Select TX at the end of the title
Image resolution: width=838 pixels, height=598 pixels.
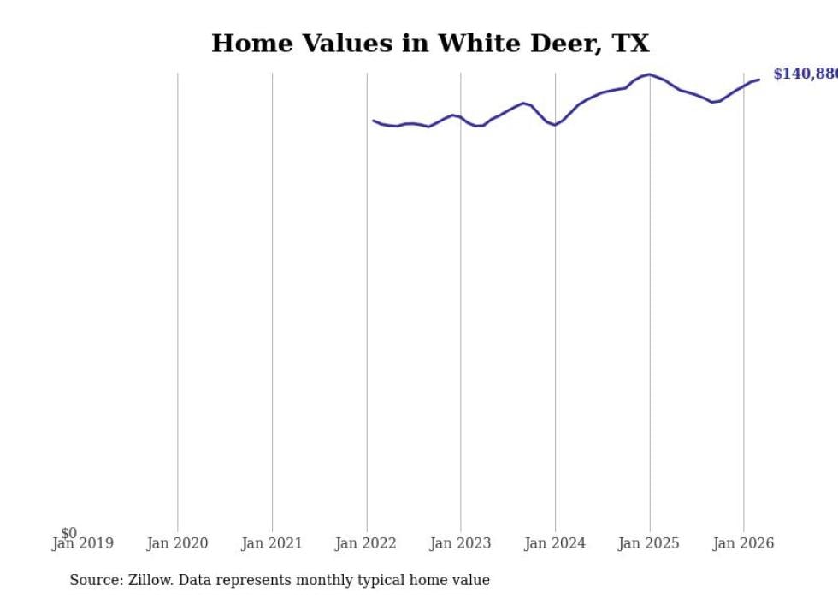[630, 44]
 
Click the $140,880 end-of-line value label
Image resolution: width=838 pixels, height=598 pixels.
[805, 74]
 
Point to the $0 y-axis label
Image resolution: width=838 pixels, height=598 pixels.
[68, 534]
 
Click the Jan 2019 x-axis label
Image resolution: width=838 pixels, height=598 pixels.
[82, 543]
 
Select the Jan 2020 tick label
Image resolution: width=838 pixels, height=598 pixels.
[177, 543]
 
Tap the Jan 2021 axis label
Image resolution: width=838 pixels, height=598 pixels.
[272, 543]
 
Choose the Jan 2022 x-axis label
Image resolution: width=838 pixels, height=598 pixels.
[366, 543]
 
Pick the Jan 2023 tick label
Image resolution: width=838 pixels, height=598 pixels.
[461, 543]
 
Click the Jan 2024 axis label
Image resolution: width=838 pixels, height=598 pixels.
[555, 543]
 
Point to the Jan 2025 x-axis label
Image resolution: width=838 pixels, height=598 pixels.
[649, 543]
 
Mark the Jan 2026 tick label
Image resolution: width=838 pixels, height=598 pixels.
[743, 543]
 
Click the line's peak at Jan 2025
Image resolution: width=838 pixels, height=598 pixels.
[650, 74]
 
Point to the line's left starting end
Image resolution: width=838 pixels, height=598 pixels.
[374, 121]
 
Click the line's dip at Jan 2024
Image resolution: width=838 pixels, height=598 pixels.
[555, 125]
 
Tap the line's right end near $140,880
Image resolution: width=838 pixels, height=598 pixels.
[758, 80]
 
